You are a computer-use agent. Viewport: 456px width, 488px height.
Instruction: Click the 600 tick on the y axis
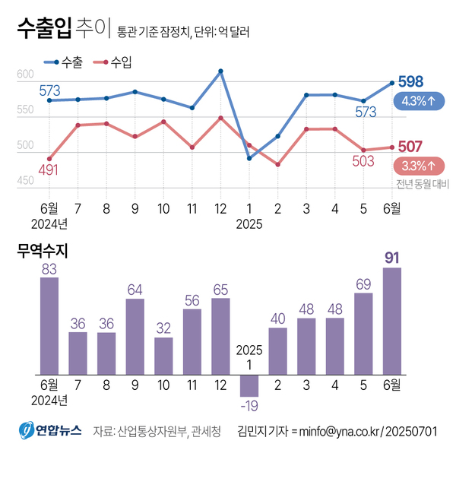coord(25,74)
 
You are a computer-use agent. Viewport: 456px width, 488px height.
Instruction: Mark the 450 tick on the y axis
coord(25,181)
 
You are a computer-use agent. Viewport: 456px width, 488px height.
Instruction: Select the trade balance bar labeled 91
coord(392,321)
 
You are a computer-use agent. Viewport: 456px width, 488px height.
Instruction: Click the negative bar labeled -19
coord(249,385)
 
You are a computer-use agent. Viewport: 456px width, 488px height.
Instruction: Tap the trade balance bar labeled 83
coord(49,325)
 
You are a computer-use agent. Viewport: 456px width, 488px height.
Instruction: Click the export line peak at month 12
coord(220,71)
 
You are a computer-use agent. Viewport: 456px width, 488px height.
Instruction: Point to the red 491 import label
coord(48,170)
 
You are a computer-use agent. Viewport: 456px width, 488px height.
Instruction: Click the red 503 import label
coord(363,161)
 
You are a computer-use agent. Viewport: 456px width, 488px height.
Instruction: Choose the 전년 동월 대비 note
coord(420,183)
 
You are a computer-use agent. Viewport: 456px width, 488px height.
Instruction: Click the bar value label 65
coord(220,289)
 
